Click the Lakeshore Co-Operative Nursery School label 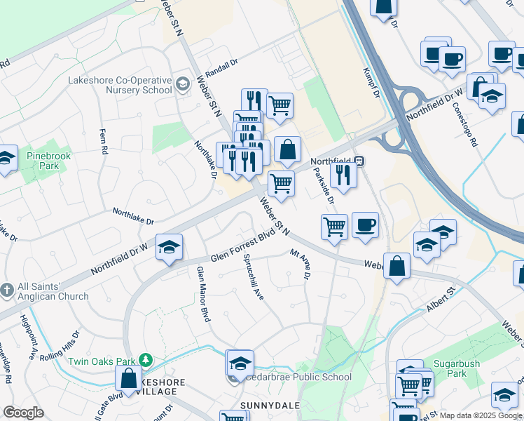(x=119, y=85)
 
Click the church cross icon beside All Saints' (x=7, y=290)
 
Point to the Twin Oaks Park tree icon (x=146, y=361)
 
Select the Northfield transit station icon (x=359, y=161)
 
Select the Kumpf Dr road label (x=371, y=83)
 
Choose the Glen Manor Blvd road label (x=204, y=294)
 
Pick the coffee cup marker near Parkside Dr (x=365, y=225)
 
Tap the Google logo (x=23, y=413)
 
